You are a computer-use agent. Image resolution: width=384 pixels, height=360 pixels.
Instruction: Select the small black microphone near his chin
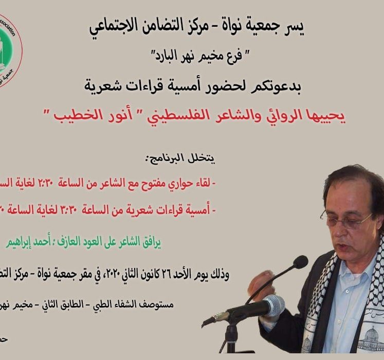click(x=300, y=262)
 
